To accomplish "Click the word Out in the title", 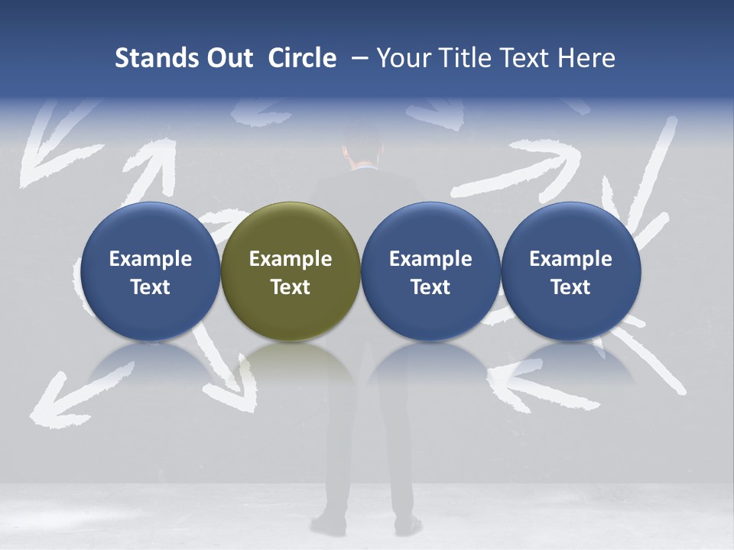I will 227,58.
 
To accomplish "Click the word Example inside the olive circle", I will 291,259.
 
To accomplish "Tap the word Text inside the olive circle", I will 291,287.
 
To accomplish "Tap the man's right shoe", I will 408,526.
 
